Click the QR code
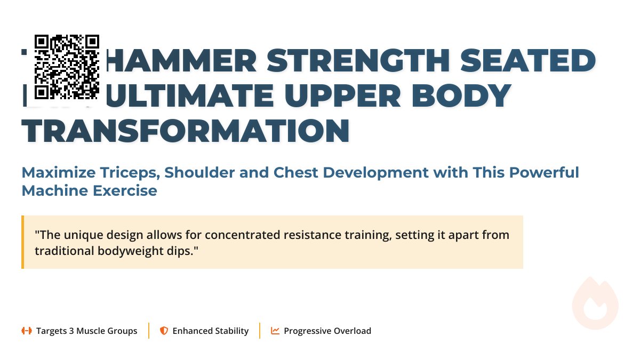(67, 67)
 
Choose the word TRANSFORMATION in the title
(185, 131)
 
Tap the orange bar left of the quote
(23, 242)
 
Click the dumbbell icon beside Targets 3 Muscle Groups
(26, 331)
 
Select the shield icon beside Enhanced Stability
(164, 331)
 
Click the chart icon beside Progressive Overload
(275, 331)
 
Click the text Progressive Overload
(327, 331)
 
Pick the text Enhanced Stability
(210, 331)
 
